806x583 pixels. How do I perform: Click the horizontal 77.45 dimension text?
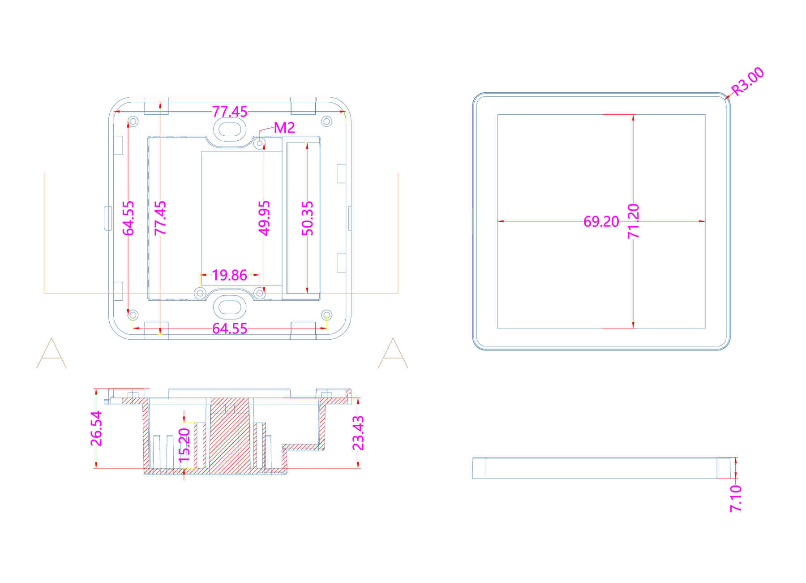click(x=229, y=112)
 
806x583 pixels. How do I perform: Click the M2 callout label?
click(x=284, y=128)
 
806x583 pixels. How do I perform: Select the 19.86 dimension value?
click(x=229, y=275)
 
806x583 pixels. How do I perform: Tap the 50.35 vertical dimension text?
click(x=308, y=218)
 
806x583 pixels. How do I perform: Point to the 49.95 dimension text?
click(x=265, y=218)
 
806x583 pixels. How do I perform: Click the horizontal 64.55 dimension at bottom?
click(x=229, y=328)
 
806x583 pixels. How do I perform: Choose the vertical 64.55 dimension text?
click(x=129, y=218)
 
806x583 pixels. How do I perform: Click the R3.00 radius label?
click(x=747, y=81)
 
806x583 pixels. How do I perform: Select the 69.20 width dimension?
click(x=601, y=221)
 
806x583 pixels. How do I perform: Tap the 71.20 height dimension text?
click(x=633, y=221)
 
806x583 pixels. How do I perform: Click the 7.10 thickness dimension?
click(x=736, y=498)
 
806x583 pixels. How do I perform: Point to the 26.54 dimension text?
click(x=96, y=429)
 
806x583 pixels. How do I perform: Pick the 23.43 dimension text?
click(x=358, y=433)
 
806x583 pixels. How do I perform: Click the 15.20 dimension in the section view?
click(x=184, y=445)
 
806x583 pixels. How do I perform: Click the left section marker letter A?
click(x=51, y=354)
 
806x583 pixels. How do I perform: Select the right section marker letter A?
click(x=393, y=354)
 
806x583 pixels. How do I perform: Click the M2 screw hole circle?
click(x=260, y=143)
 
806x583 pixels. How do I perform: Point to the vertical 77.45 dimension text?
click(x=160, y=218)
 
